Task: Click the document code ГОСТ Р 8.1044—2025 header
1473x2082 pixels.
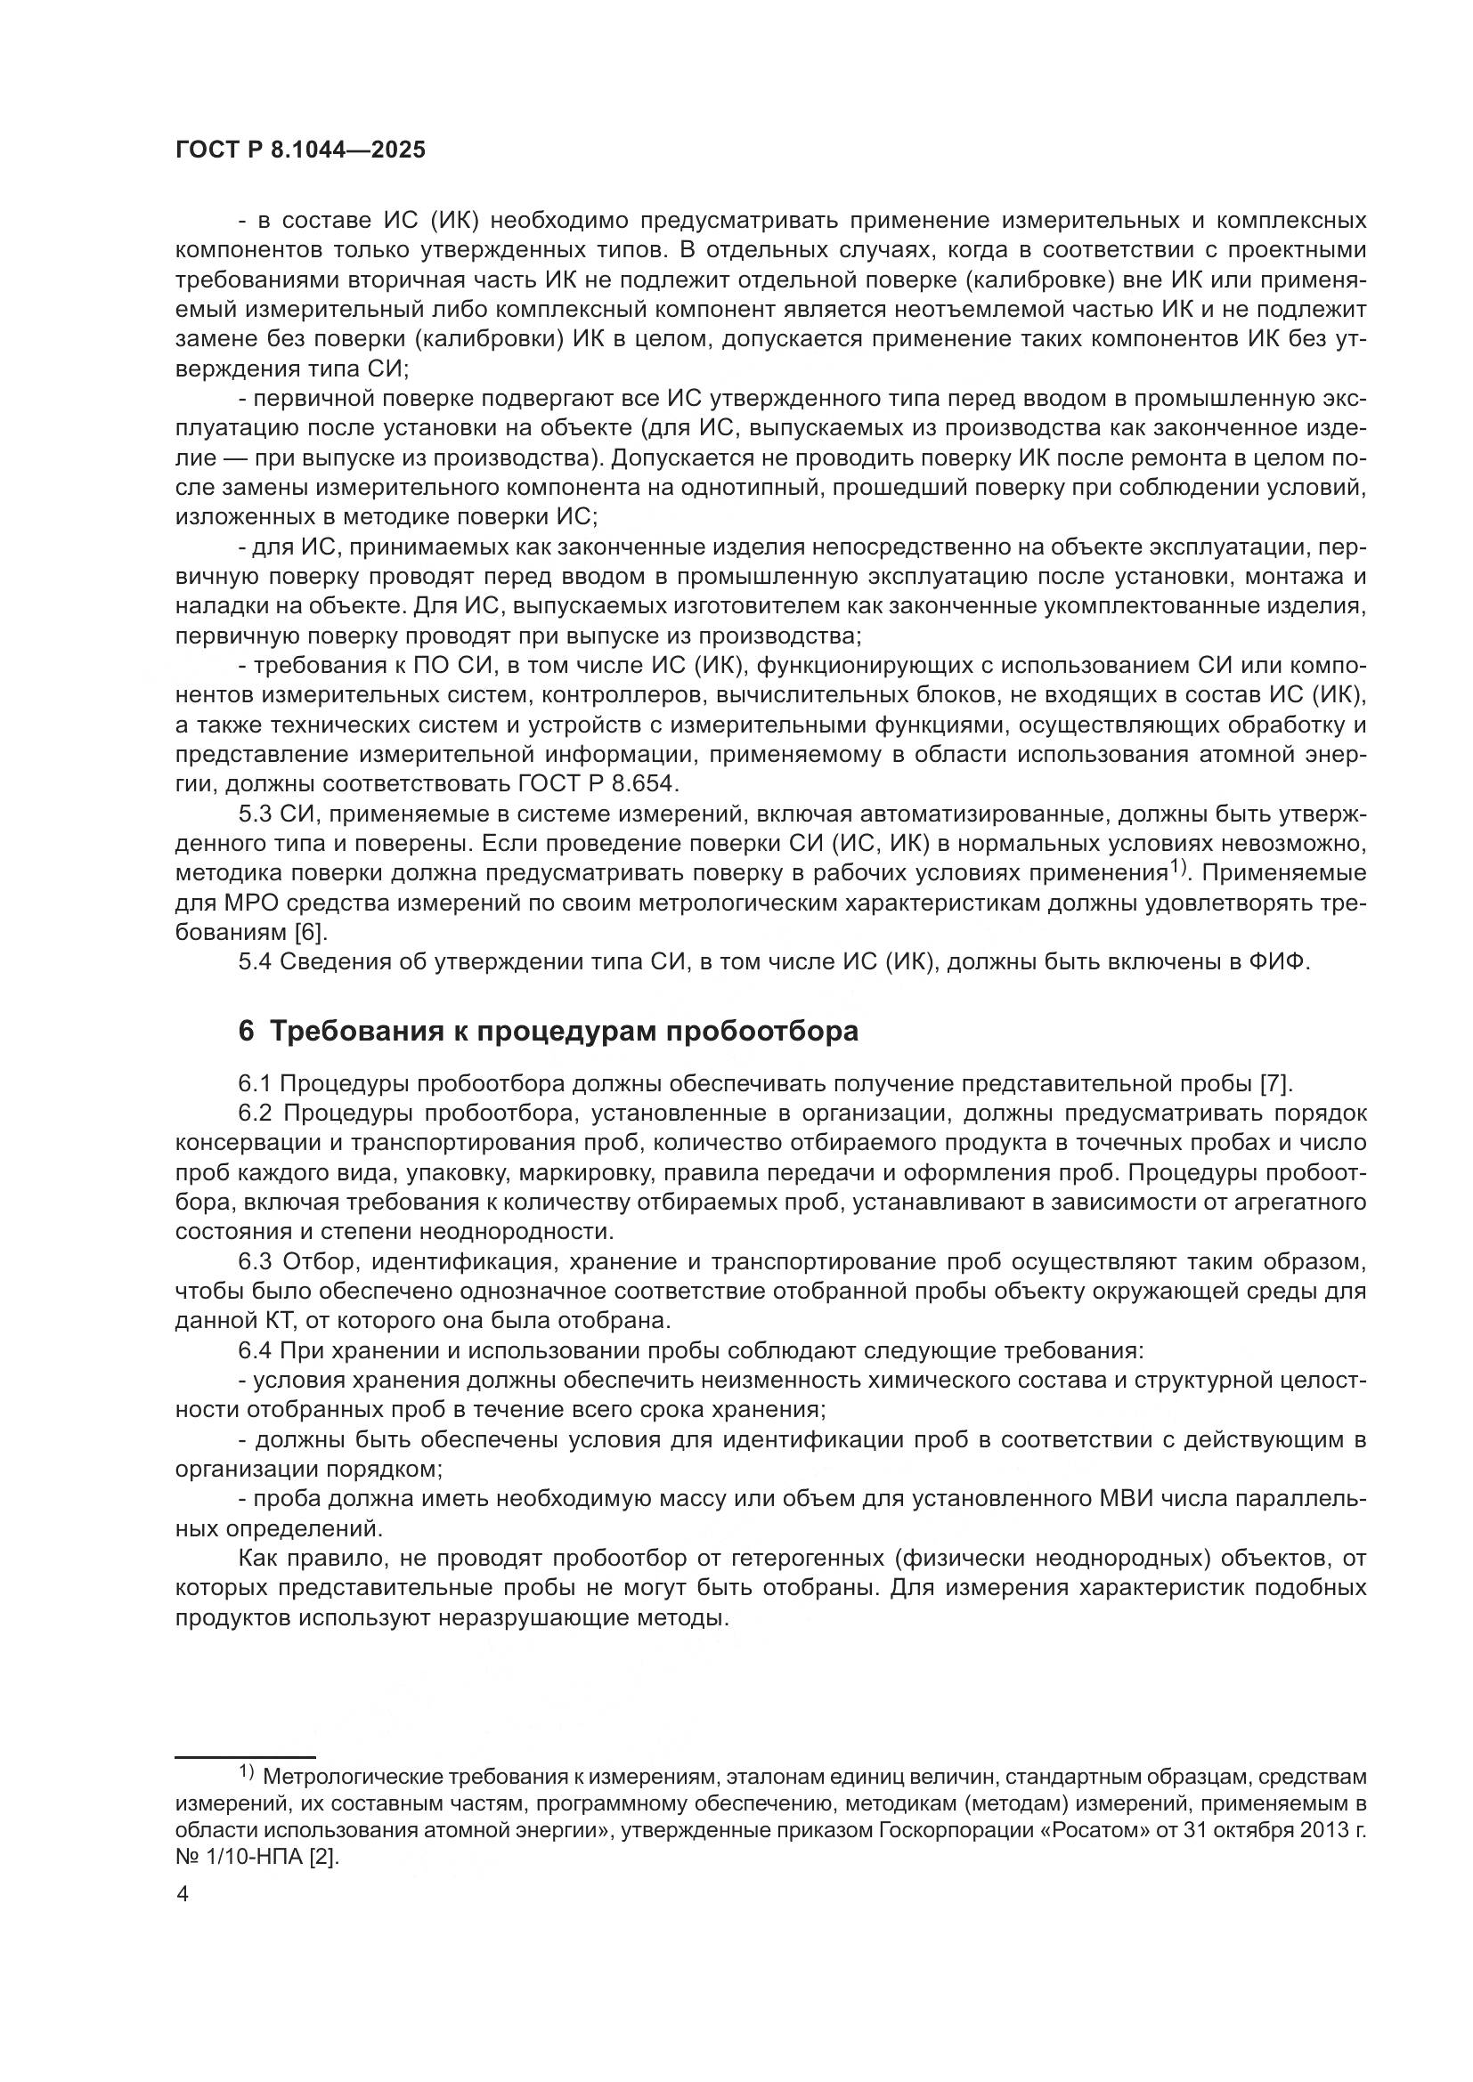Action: [x=300, y=150]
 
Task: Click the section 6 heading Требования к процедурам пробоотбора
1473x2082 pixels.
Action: [x=548, y=1031]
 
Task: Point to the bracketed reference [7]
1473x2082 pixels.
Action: [x=1276, y=1082]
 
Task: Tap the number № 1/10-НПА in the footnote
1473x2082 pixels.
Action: [x=240, y=1858]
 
